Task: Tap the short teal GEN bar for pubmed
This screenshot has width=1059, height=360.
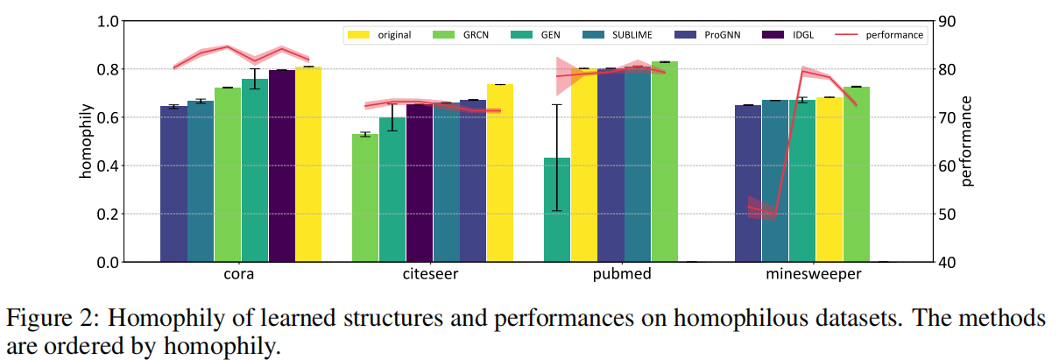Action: pos(557,209)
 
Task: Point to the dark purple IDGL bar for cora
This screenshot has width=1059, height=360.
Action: pos(281,166)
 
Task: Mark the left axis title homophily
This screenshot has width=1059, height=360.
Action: pos(87,141)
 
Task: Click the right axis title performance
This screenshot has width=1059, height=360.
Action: pos(968,141)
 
